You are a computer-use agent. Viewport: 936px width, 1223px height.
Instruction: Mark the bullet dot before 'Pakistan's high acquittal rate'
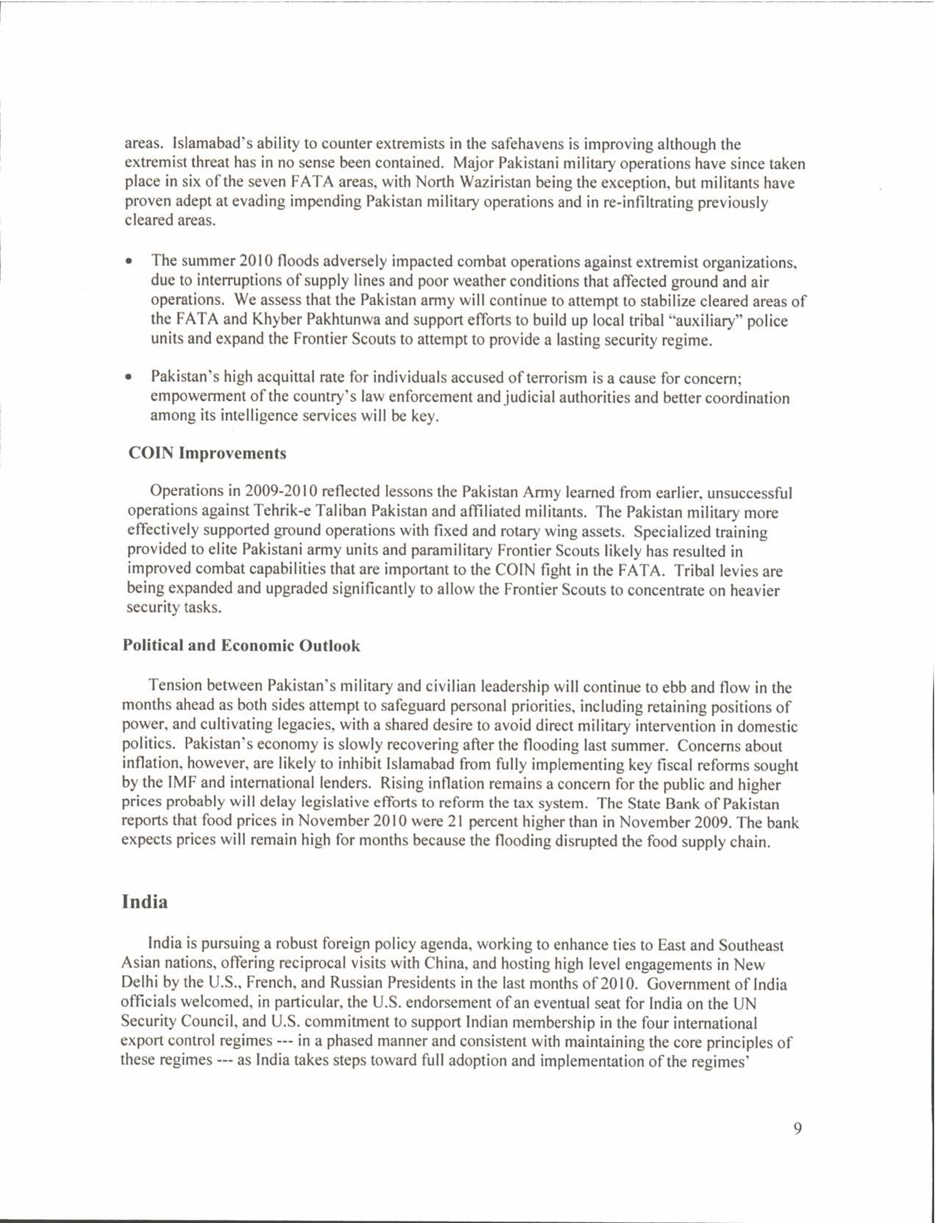pos(129,378)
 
